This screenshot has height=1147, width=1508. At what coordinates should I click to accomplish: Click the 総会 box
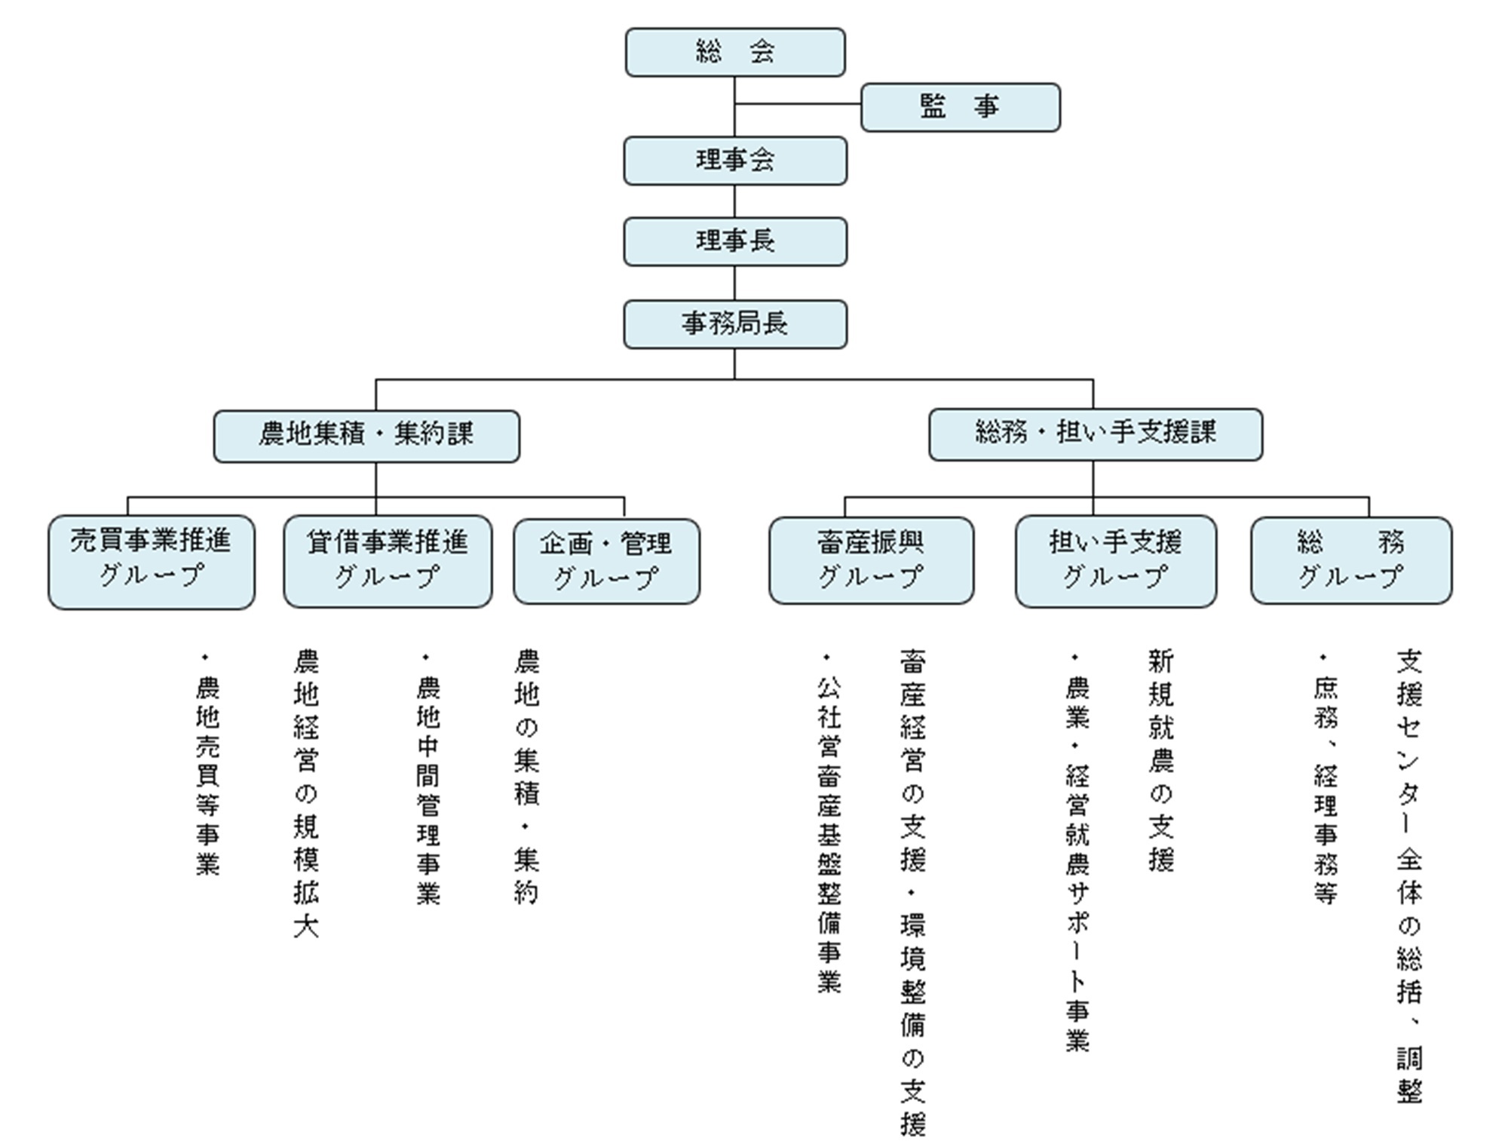[x=735, y=53]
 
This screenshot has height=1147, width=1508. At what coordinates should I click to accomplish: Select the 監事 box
[x=960, y=107]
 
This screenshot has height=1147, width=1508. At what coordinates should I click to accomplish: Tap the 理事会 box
[x=735, y=161]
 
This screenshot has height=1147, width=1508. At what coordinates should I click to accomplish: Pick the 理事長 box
[x=735, y=241]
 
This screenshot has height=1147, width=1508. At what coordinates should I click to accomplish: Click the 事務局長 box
[x=735, y=324]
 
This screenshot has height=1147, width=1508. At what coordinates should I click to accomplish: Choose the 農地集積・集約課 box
[x=366, y=436]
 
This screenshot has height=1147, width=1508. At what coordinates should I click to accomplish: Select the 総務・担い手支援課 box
[x=1095, y=434]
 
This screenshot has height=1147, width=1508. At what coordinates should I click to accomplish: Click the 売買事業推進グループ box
[x=152, y=562]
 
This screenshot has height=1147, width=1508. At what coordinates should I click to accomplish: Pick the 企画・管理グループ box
[x=606, y=562]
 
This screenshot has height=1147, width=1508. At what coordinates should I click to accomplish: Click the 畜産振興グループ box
[x=871, y=560]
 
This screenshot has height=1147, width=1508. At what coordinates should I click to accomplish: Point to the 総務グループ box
[x=1350, y=560]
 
